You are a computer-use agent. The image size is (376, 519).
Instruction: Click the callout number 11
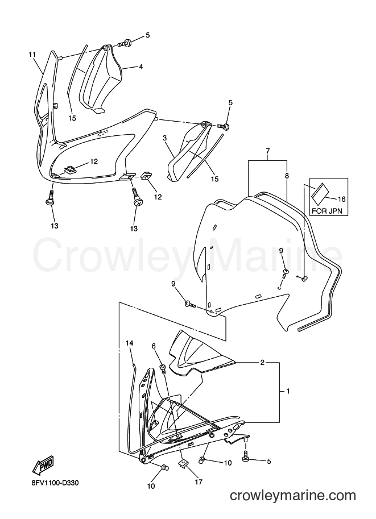32,54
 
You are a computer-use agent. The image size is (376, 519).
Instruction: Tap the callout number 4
141,67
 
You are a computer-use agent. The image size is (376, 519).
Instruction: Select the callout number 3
164,138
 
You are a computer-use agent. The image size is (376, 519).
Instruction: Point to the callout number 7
268,151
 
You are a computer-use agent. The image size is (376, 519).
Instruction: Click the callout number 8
287,176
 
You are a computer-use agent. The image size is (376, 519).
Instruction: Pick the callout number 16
341,199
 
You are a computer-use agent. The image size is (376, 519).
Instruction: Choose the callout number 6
154,346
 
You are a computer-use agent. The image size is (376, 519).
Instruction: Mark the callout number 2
262,363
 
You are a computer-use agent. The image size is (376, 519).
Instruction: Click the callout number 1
288,391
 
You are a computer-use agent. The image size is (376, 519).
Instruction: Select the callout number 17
199,482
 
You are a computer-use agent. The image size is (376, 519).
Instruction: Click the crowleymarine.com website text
293,496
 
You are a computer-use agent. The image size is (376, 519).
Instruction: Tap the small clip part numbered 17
183,464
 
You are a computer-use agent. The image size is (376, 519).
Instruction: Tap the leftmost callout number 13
55,226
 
